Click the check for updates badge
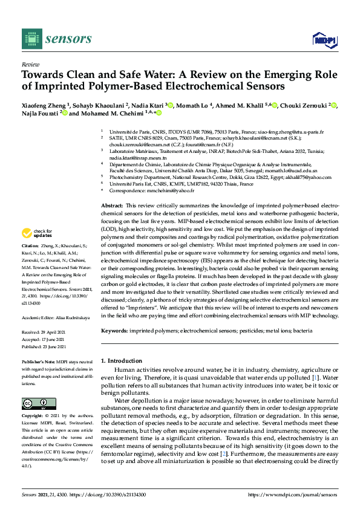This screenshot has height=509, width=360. pos(36,233)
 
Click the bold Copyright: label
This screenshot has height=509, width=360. pos(33,417)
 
